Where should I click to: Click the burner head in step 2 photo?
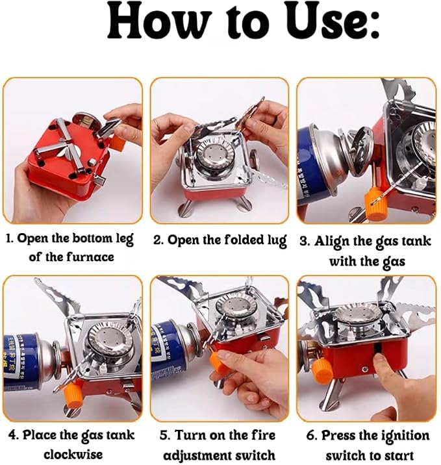tap(211, 157)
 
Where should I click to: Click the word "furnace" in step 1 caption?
tap(90, 257)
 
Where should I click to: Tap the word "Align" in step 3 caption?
tap(332, 242)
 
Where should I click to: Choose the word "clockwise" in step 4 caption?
tap(73, 454)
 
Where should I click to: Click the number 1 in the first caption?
tap(8, 238)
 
